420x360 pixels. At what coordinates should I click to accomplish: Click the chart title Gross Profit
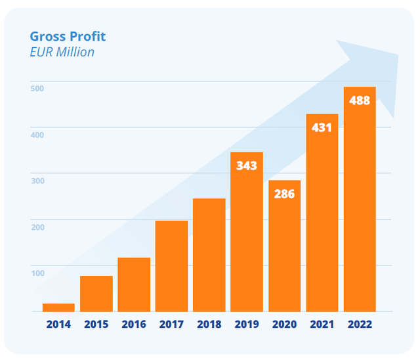[68, 37]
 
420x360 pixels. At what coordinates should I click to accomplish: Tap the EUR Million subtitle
[62, 52]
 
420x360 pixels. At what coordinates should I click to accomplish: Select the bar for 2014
[58, 307]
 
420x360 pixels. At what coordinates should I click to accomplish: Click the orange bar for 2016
[134, 284]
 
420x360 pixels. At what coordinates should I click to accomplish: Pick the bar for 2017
[171, 266]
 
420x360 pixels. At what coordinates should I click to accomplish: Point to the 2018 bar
[209, 255]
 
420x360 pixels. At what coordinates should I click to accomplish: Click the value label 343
[247, 166]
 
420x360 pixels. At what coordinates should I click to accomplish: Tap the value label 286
[284, 194]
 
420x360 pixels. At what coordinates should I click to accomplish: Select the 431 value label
[322, 127]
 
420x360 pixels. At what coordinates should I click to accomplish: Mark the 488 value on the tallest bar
[360, 101]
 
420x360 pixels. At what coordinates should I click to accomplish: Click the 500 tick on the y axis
[37, 88]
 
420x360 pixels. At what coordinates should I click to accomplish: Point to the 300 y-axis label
[37, 181]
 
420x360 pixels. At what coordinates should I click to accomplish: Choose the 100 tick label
[37, 273]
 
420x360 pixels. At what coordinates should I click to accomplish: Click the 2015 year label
[96, 325]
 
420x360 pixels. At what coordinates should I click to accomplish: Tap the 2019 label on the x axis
[247, 325]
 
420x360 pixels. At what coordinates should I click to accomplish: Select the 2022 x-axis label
[360, 325]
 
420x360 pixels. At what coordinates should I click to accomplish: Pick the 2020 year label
[284, 325]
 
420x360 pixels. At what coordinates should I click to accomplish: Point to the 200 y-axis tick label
[37, 227]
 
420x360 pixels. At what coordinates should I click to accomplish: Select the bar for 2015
[96, 294]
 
